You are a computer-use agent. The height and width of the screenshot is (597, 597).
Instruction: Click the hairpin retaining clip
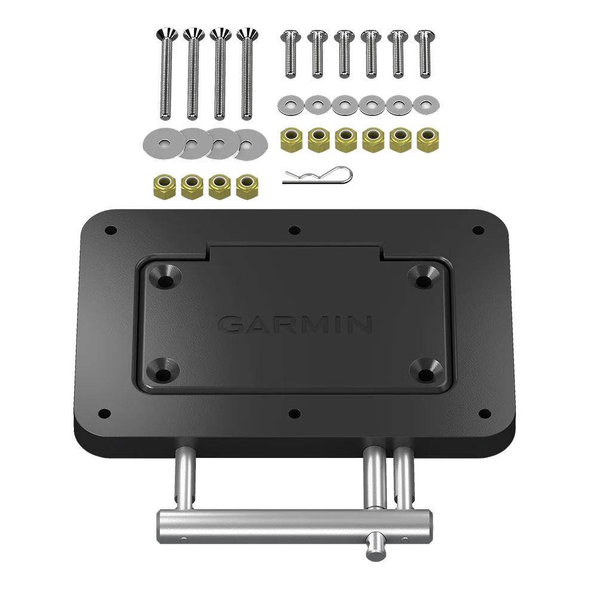coord(317,176)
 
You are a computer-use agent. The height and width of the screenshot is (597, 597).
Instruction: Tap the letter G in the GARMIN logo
coord(231,325)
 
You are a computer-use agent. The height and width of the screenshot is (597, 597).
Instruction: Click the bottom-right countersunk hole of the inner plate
coord(428,373)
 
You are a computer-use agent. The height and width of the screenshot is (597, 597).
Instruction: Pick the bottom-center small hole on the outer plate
coord(294,413)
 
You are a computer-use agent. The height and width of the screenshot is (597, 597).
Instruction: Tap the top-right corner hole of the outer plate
coord(478,230)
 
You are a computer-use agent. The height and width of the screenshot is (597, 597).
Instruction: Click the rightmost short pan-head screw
coord(424,54)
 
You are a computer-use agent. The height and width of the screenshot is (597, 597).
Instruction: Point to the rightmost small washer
coord(426,105)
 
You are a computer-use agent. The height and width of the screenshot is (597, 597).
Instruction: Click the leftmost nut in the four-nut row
coord(164,186)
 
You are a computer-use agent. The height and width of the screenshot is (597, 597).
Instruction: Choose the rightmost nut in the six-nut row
coord(426,140)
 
